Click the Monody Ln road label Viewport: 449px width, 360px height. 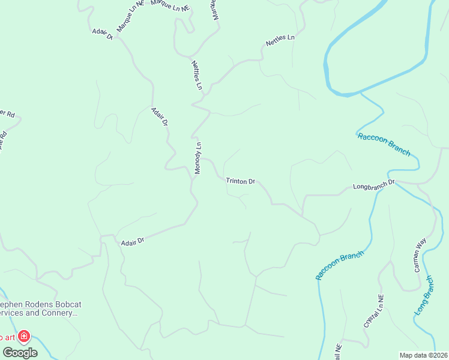coord(197,158)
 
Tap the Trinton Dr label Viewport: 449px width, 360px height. coord(241,181)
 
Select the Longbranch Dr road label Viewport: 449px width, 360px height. coord(374,184)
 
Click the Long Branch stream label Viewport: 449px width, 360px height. coord(424,296)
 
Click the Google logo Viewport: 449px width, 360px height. coord(20,352)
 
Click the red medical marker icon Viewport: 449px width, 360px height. coord(24,337)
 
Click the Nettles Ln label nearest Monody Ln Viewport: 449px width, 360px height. coord(197,75)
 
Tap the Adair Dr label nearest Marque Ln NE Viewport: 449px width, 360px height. coord(103,34)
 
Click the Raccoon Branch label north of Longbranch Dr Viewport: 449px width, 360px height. coord(384,144)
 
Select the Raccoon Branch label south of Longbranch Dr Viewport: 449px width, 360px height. coord(340,266)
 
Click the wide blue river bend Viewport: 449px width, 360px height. coord(336,66)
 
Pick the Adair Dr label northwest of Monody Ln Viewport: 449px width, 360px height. coord(160,116)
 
